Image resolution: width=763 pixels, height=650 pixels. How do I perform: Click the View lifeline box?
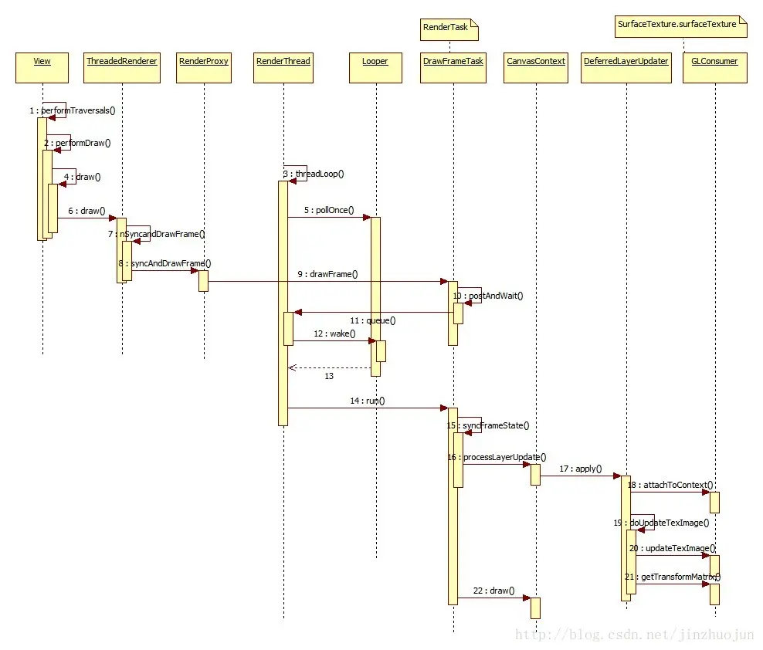[42, 68]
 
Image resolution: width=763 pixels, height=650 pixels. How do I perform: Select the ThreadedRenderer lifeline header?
[122, 68]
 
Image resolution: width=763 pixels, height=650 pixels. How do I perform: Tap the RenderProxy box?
[204, 68]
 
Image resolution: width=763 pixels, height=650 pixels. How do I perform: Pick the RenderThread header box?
[283, 68]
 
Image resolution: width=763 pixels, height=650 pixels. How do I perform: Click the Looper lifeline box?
[375, 68]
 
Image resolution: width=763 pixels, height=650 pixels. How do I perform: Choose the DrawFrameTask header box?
[453, 68]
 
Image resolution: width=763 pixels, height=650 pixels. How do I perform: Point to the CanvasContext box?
[536, 68]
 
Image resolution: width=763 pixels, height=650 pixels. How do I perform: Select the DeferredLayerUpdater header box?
[626, 68]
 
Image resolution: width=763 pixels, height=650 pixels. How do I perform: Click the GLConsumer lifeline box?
[716, 68]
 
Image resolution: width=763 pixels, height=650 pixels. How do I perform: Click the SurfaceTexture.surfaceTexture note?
[680, 25]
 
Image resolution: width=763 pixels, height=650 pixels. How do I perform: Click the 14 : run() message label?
[366, 401]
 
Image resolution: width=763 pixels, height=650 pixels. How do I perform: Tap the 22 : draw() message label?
[492, 591]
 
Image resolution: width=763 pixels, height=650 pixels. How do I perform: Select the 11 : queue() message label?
[371, 320]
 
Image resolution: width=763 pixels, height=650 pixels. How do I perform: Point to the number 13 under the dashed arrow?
[329, 376]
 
